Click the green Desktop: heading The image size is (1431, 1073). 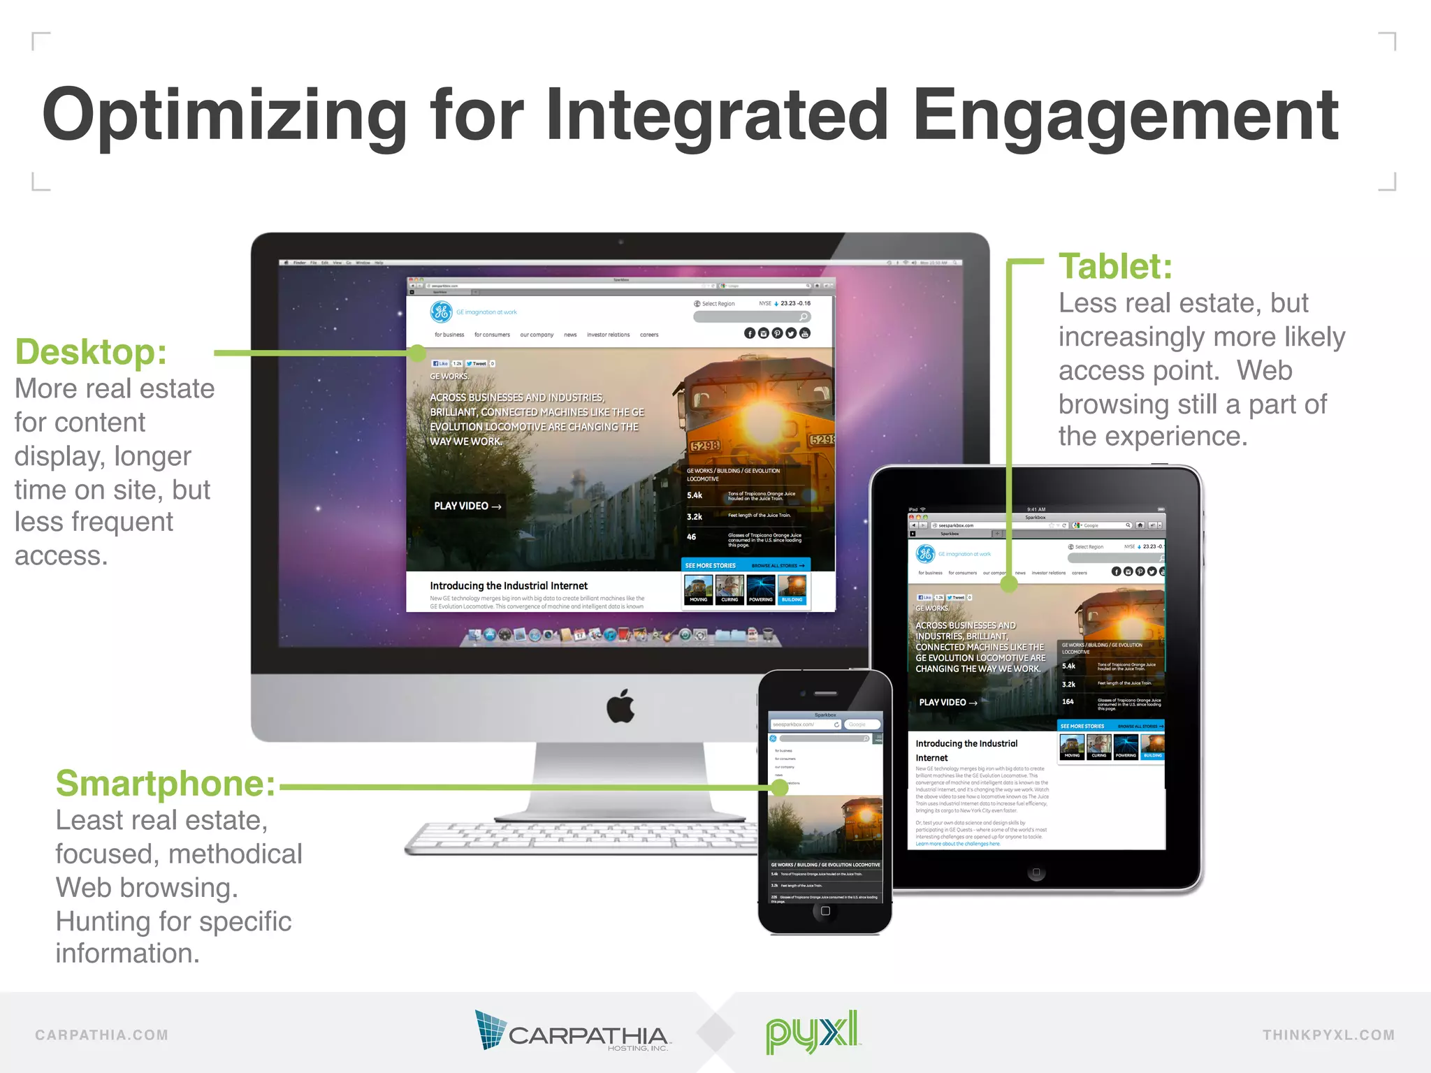(x=91, y=351)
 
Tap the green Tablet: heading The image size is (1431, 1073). (x=1115, y=266)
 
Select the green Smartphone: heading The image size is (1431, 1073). (x=166, y=783)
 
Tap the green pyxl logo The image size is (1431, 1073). (x=812, y=1031)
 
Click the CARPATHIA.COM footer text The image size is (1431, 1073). (x=102, y=1035)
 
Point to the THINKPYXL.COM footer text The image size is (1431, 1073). (x=1328, y=1035)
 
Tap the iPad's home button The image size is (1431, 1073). (x=1036, y=873)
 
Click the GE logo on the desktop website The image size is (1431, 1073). (x=441, y=312)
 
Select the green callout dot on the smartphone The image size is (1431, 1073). (x=780, y=787)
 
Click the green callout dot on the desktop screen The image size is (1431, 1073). (x=417, y=353)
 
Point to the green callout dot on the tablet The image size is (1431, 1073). (x=1009, y=584)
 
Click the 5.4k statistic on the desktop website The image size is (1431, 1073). (x=695, y=495)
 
